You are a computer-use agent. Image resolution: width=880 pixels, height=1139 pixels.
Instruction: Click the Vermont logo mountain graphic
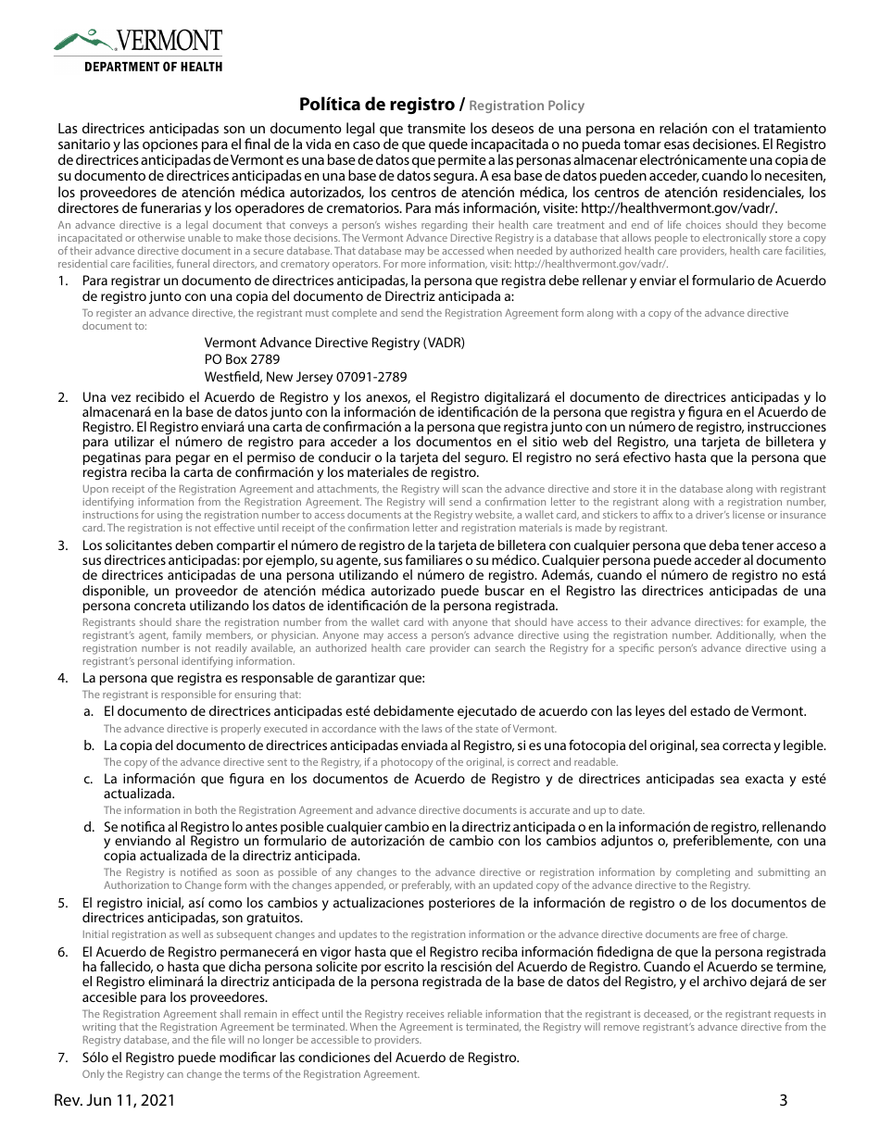83,40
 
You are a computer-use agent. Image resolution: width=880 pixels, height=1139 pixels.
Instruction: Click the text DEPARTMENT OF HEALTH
153,67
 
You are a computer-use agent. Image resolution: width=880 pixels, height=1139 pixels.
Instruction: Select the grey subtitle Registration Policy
527,106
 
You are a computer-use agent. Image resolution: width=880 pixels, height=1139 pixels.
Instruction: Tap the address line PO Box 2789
242,359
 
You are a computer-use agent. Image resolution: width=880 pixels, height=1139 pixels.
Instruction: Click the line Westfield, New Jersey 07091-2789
305,377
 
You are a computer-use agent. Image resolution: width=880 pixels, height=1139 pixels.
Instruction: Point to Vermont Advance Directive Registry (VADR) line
334,343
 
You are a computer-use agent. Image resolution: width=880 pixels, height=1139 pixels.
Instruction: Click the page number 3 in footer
783,1101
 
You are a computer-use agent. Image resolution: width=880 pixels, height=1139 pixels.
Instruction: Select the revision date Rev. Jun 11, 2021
114,1101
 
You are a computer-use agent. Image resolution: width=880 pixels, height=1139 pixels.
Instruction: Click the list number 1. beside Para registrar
63,281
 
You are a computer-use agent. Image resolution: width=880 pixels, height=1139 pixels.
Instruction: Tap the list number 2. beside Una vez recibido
63,397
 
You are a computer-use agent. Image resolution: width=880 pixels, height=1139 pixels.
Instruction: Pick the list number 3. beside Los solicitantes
63,546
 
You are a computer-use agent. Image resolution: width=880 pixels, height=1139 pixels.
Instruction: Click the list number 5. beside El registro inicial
63,903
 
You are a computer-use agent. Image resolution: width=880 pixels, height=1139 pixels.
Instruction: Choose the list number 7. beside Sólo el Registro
63,1058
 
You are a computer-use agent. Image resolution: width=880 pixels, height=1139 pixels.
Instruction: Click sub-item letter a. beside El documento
88,711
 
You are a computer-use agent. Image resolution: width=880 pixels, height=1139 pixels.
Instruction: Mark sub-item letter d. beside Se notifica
88,825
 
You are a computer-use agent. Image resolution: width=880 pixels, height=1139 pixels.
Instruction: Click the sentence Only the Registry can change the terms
251,1074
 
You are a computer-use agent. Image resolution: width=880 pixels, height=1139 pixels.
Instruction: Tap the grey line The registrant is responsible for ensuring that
192,695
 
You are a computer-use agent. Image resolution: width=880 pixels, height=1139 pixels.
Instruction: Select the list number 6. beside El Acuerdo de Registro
63,952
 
